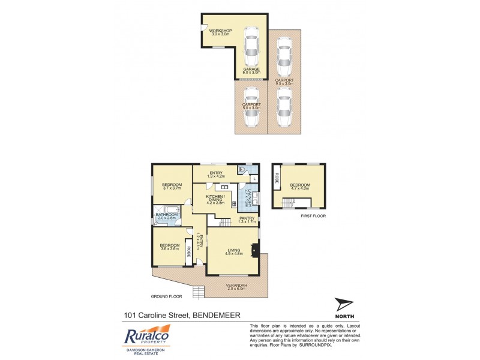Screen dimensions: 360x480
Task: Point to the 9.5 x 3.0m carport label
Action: point(284,82)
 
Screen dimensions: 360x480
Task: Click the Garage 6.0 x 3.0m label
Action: point(251,71)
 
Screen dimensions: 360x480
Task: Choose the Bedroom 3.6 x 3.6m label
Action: point(170,247)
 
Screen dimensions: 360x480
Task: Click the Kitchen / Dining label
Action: point(215,199)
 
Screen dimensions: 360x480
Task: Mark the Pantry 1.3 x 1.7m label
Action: point(247,220)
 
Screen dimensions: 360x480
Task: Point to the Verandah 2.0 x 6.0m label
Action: point(238,286)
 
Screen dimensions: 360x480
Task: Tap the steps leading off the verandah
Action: point(198,292)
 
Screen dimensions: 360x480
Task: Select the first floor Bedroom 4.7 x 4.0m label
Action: point(299,187)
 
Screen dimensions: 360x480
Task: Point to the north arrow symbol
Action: point(344,305)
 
